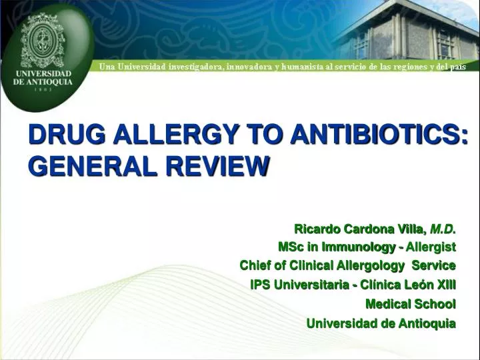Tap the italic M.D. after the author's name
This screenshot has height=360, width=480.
click(443, 229)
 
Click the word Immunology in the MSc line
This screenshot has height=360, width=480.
click(361, 247)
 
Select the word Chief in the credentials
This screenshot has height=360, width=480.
click(254, 265)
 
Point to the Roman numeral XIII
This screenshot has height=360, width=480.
click(445, 285)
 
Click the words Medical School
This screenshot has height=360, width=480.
click(411, 304)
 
